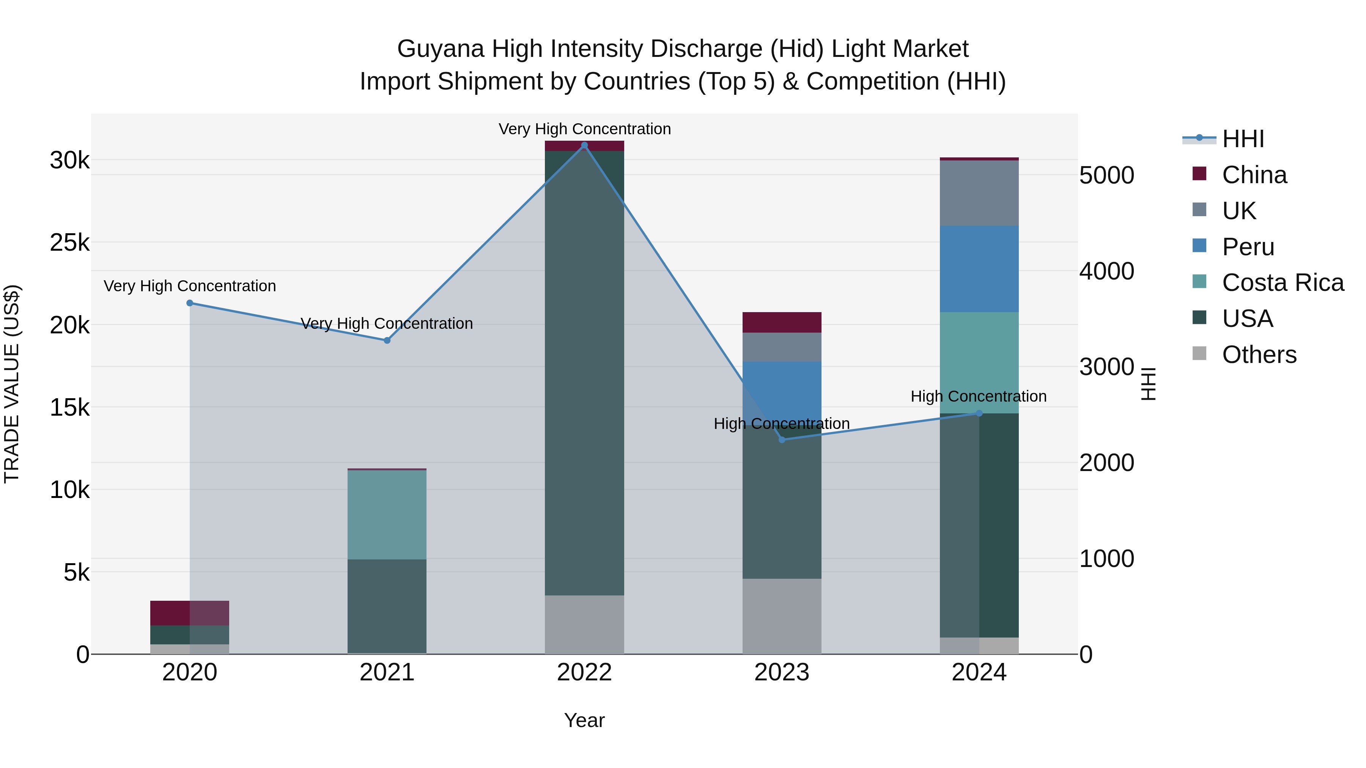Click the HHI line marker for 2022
pyautogui.click(x=584, y=145)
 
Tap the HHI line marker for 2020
pyautogui.click(x=190, y=303)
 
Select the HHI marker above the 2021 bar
pyautogui.click(x=387, y=340)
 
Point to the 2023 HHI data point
pyautogui.click(x=782, y=440)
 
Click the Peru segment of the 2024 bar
pyautogui.click(x=979, y=269)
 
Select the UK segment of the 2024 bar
pyautogui.click(x=979, y=193)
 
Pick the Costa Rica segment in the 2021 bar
pyautogui.click(x=387, y=515)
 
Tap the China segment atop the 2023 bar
pyautogui.click(x=782, y=322)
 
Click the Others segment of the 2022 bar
pyautogui.click(x=584, y=624)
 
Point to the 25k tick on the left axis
pyautogui.click(x=70, y=243)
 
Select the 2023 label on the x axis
pyautogui.click(x=782, y=672)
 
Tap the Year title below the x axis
pyautogui.click(x=584, y=720)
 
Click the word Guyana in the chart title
pyautogui.click(x=440, y=49)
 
